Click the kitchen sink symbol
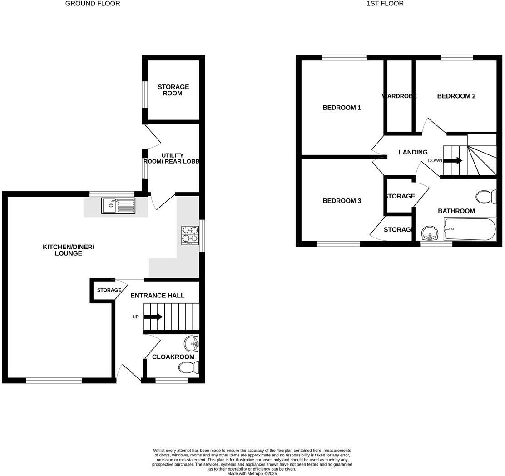pyautogui.click(x=118, y=206)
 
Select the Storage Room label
pyautogui.click(x=173, y=90)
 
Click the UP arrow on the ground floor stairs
pyautogui.click(x=153, y=317)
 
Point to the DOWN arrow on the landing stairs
pyautogui.click(x=453, y=160)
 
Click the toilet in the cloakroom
pyautogui.click(x=192, y=367)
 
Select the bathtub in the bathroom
pyautogui.click(x=470, y=229)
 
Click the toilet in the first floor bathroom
pyautogui.click(x=486, y=197)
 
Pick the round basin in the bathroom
pyautogui.click(x=429, y=234)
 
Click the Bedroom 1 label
pyautogui.click(x=342, y=108)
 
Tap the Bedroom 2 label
pyautogui.click(x=456, y=96)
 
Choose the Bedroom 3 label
pyautogui.click(x=342, y=201)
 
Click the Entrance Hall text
pyautogui.click(x=157, y=295)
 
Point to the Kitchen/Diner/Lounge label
pyautogui.click(x=68, y=250)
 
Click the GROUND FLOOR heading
pyautogui.click(x=93, y=4)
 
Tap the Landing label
pyautogui.click(x=413, y=152)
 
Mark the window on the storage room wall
pyautogui.click(x=144, y=94)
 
